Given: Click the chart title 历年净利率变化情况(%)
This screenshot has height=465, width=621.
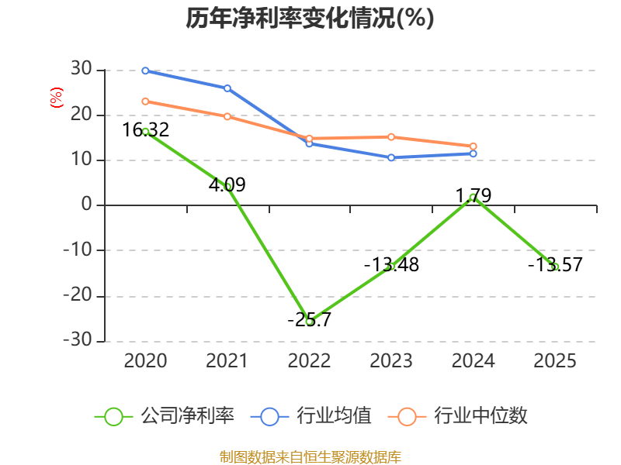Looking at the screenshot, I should [310, 19].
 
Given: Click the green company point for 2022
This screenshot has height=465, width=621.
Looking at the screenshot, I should [309, 321].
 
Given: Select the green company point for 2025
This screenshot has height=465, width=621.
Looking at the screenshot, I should [555, 267].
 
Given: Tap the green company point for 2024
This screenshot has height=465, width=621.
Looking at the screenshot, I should [473, 197].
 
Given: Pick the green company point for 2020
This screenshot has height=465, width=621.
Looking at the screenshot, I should [145, 132].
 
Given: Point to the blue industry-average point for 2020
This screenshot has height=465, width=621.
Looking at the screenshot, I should [145, 71].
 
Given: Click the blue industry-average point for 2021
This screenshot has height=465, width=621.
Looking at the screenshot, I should [227, 88].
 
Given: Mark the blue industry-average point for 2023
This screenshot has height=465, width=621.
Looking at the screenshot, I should [391, 157].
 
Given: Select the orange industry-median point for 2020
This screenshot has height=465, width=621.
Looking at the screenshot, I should [145, 102].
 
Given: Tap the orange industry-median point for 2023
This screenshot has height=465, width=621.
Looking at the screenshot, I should [391, 137].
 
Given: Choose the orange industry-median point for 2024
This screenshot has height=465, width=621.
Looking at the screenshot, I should [473, 146].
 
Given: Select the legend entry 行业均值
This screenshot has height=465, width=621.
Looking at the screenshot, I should [310, 416].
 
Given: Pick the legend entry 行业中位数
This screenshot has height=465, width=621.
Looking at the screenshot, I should [463, 416].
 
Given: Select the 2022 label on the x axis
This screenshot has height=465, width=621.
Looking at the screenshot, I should [309, 361].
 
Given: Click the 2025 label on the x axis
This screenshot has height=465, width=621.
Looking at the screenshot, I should [555, 361].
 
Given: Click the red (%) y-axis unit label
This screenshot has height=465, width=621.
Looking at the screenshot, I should [56, 98].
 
